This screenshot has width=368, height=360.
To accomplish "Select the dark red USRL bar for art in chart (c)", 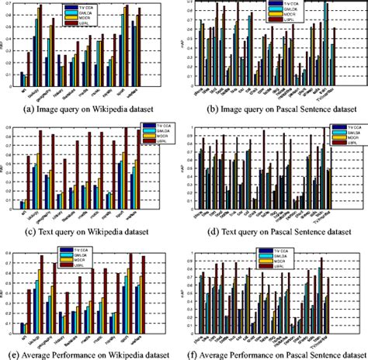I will (30, 182).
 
